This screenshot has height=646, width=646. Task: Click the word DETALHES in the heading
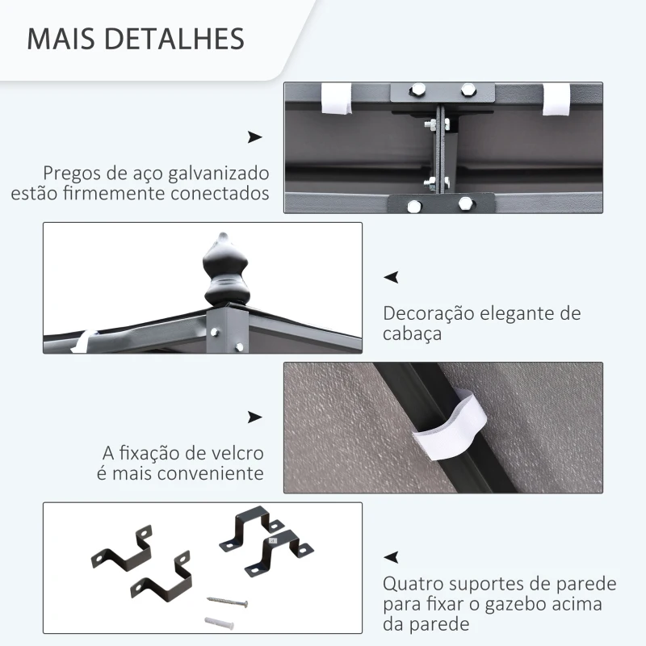point(174,39)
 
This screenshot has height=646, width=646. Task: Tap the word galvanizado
point(219,174)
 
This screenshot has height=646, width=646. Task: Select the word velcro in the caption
point(237,453)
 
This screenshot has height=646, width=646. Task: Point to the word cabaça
point(412,333)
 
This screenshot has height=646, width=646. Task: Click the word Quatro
point(413,584)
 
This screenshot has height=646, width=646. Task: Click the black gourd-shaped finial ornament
point(226,270)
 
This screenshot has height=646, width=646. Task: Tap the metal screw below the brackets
point(227,602)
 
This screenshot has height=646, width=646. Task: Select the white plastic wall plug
point(219,622)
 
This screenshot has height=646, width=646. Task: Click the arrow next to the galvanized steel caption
point(254,137)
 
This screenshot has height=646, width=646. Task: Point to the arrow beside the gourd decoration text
point(391,277)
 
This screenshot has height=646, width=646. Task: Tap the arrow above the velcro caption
point(254,417)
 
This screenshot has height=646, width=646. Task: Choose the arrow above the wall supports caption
point(391,557)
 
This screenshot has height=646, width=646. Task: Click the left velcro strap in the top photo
point(336,99)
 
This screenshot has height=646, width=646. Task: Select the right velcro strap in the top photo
point(556,99)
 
